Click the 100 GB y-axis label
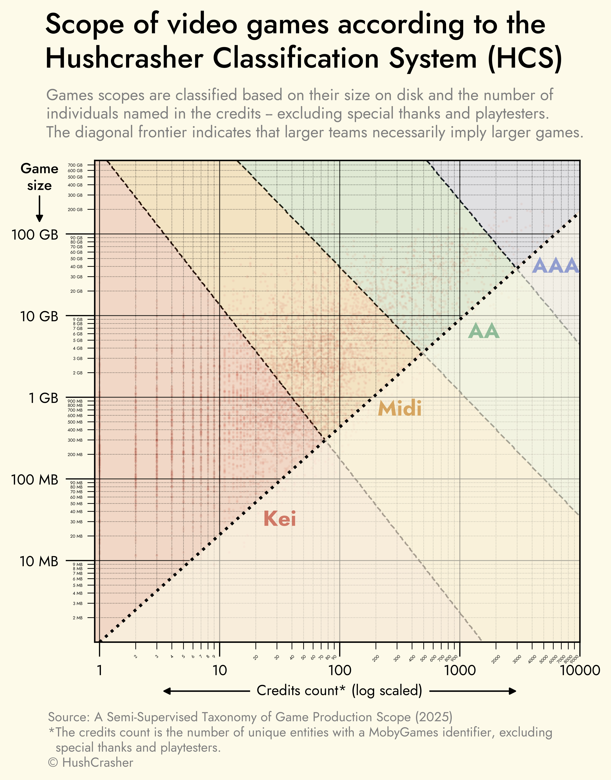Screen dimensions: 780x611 [x=35, y=235]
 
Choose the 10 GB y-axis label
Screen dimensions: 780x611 [x=39, y=316]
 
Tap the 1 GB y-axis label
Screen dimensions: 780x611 [x=44, y=398]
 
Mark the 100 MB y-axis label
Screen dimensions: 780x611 [x=35, y=480]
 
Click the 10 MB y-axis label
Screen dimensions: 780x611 [x=39, y=561]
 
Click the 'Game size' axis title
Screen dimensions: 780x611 [x=39, y=177]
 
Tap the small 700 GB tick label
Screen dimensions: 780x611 [x=75, y=165]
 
